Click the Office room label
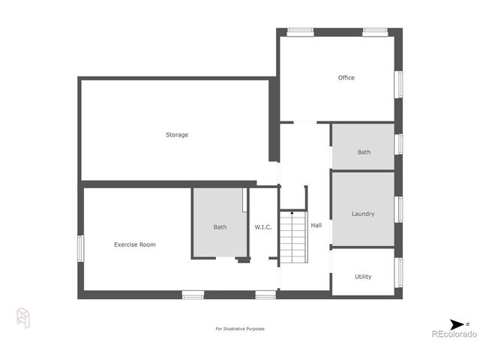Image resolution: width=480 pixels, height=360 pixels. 346,78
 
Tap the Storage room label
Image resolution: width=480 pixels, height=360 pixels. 177,135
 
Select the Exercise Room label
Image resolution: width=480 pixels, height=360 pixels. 135,244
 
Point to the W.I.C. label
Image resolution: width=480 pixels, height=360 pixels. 262,227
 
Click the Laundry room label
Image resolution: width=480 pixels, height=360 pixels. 363,214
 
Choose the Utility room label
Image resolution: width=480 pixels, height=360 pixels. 363,277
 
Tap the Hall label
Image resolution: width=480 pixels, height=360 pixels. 316,225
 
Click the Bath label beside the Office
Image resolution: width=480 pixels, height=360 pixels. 364,152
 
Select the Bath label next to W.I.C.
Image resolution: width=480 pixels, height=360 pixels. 220,227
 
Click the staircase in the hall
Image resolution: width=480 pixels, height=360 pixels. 293,238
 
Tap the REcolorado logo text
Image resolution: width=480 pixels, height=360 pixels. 453,334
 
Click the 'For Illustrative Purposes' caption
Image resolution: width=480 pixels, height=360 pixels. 240,328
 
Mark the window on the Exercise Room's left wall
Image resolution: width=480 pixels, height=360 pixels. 81,248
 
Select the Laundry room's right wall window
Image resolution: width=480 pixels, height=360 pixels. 399,209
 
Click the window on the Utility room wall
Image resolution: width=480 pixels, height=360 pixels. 399,272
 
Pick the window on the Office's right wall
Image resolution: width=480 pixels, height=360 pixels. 399,84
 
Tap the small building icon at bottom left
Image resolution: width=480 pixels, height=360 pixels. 23,318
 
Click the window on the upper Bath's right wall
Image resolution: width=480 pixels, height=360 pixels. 399,143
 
